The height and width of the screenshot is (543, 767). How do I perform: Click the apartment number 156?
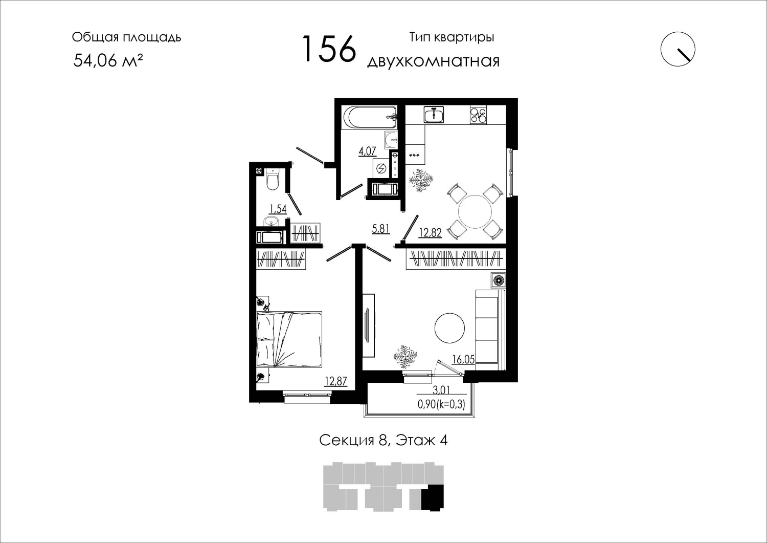pos(329,49)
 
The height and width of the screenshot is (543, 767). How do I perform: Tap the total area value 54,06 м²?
pos(108,61)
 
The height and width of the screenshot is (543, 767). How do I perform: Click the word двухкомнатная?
pos(433,61)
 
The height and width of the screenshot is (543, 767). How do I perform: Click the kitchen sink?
pos(434,114)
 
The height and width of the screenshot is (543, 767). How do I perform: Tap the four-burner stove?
pos(478,115)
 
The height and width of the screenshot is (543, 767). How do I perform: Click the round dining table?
pos(475,211)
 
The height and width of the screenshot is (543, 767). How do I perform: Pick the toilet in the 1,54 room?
pos(273,179)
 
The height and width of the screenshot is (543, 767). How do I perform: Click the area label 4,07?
pos(368,151)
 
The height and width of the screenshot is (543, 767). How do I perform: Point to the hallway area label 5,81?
pos(381,228)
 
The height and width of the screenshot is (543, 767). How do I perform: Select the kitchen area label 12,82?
pos(431,233)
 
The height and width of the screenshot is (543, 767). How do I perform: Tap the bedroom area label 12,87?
pos(336,381)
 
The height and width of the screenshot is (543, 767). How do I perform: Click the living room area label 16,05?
pos(463,359)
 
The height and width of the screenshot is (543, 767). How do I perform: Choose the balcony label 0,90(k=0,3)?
pos(441,404)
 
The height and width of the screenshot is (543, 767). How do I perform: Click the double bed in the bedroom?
pos(289,339)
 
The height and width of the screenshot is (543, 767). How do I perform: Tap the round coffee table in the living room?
pos(449,328)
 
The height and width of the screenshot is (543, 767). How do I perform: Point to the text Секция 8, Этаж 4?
pos(383,441)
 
